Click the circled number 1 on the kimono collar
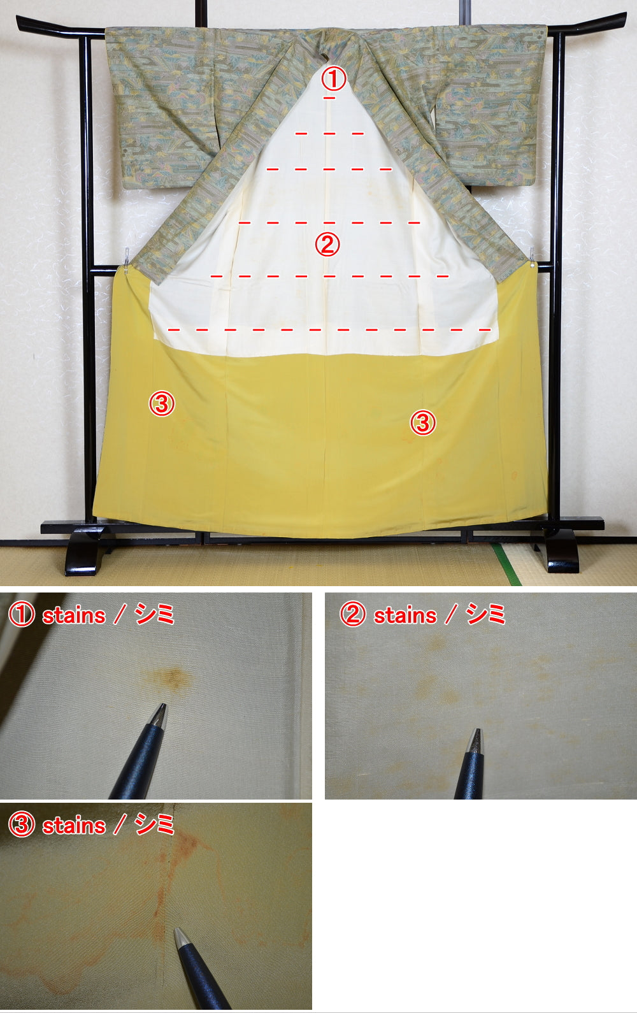click(333, 80)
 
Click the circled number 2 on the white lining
click(328, 244)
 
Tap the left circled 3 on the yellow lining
click(162, 403)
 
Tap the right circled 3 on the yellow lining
click(422, 422)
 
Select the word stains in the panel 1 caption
click(74, 615)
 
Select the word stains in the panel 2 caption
click(404, 615)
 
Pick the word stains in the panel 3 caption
click(74, 826)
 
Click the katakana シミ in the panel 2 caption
click(485, 615)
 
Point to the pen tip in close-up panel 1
click(162, 707)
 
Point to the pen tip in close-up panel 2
click(475, 733)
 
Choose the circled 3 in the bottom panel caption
click(21, 826)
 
